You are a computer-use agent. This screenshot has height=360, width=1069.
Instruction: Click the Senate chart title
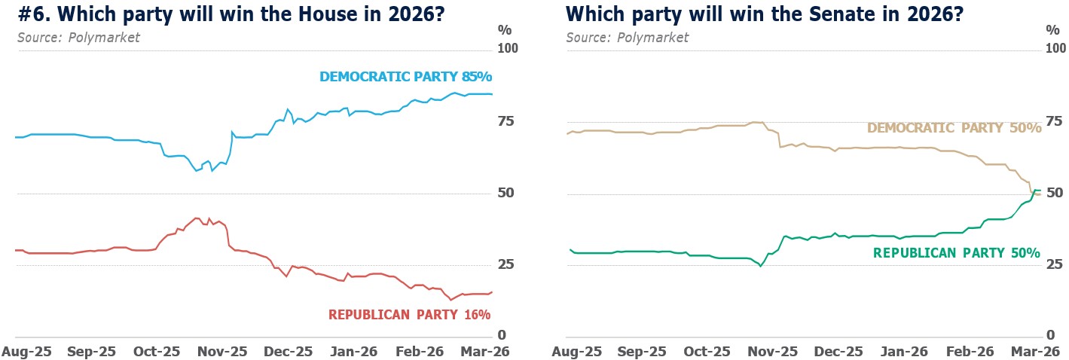coord(765,14)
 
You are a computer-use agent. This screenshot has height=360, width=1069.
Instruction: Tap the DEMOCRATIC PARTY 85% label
coord(405,77)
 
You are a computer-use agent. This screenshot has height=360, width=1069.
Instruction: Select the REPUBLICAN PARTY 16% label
coord(409,314)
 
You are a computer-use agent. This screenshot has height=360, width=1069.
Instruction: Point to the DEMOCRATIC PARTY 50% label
coord(954,128)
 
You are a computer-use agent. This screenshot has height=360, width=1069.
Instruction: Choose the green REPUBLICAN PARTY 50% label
coord(956,254)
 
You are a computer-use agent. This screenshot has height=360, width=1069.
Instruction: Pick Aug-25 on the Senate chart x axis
coord(577,351)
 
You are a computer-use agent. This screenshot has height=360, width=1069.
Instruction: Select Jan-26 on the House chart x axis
coord(356,351)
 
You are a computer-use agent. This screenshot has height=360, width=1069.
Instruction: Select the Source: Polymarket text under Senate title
coord(628,38)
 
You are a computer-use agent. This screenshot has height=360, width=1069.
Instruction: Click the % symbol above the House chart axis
coord(505,30)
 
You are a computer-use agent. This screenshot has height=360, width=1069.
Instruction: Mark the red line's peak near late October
coord(196,218)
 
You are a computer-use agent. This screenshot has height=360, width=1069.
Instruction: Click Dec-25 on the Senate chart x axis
coord(838,351)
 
